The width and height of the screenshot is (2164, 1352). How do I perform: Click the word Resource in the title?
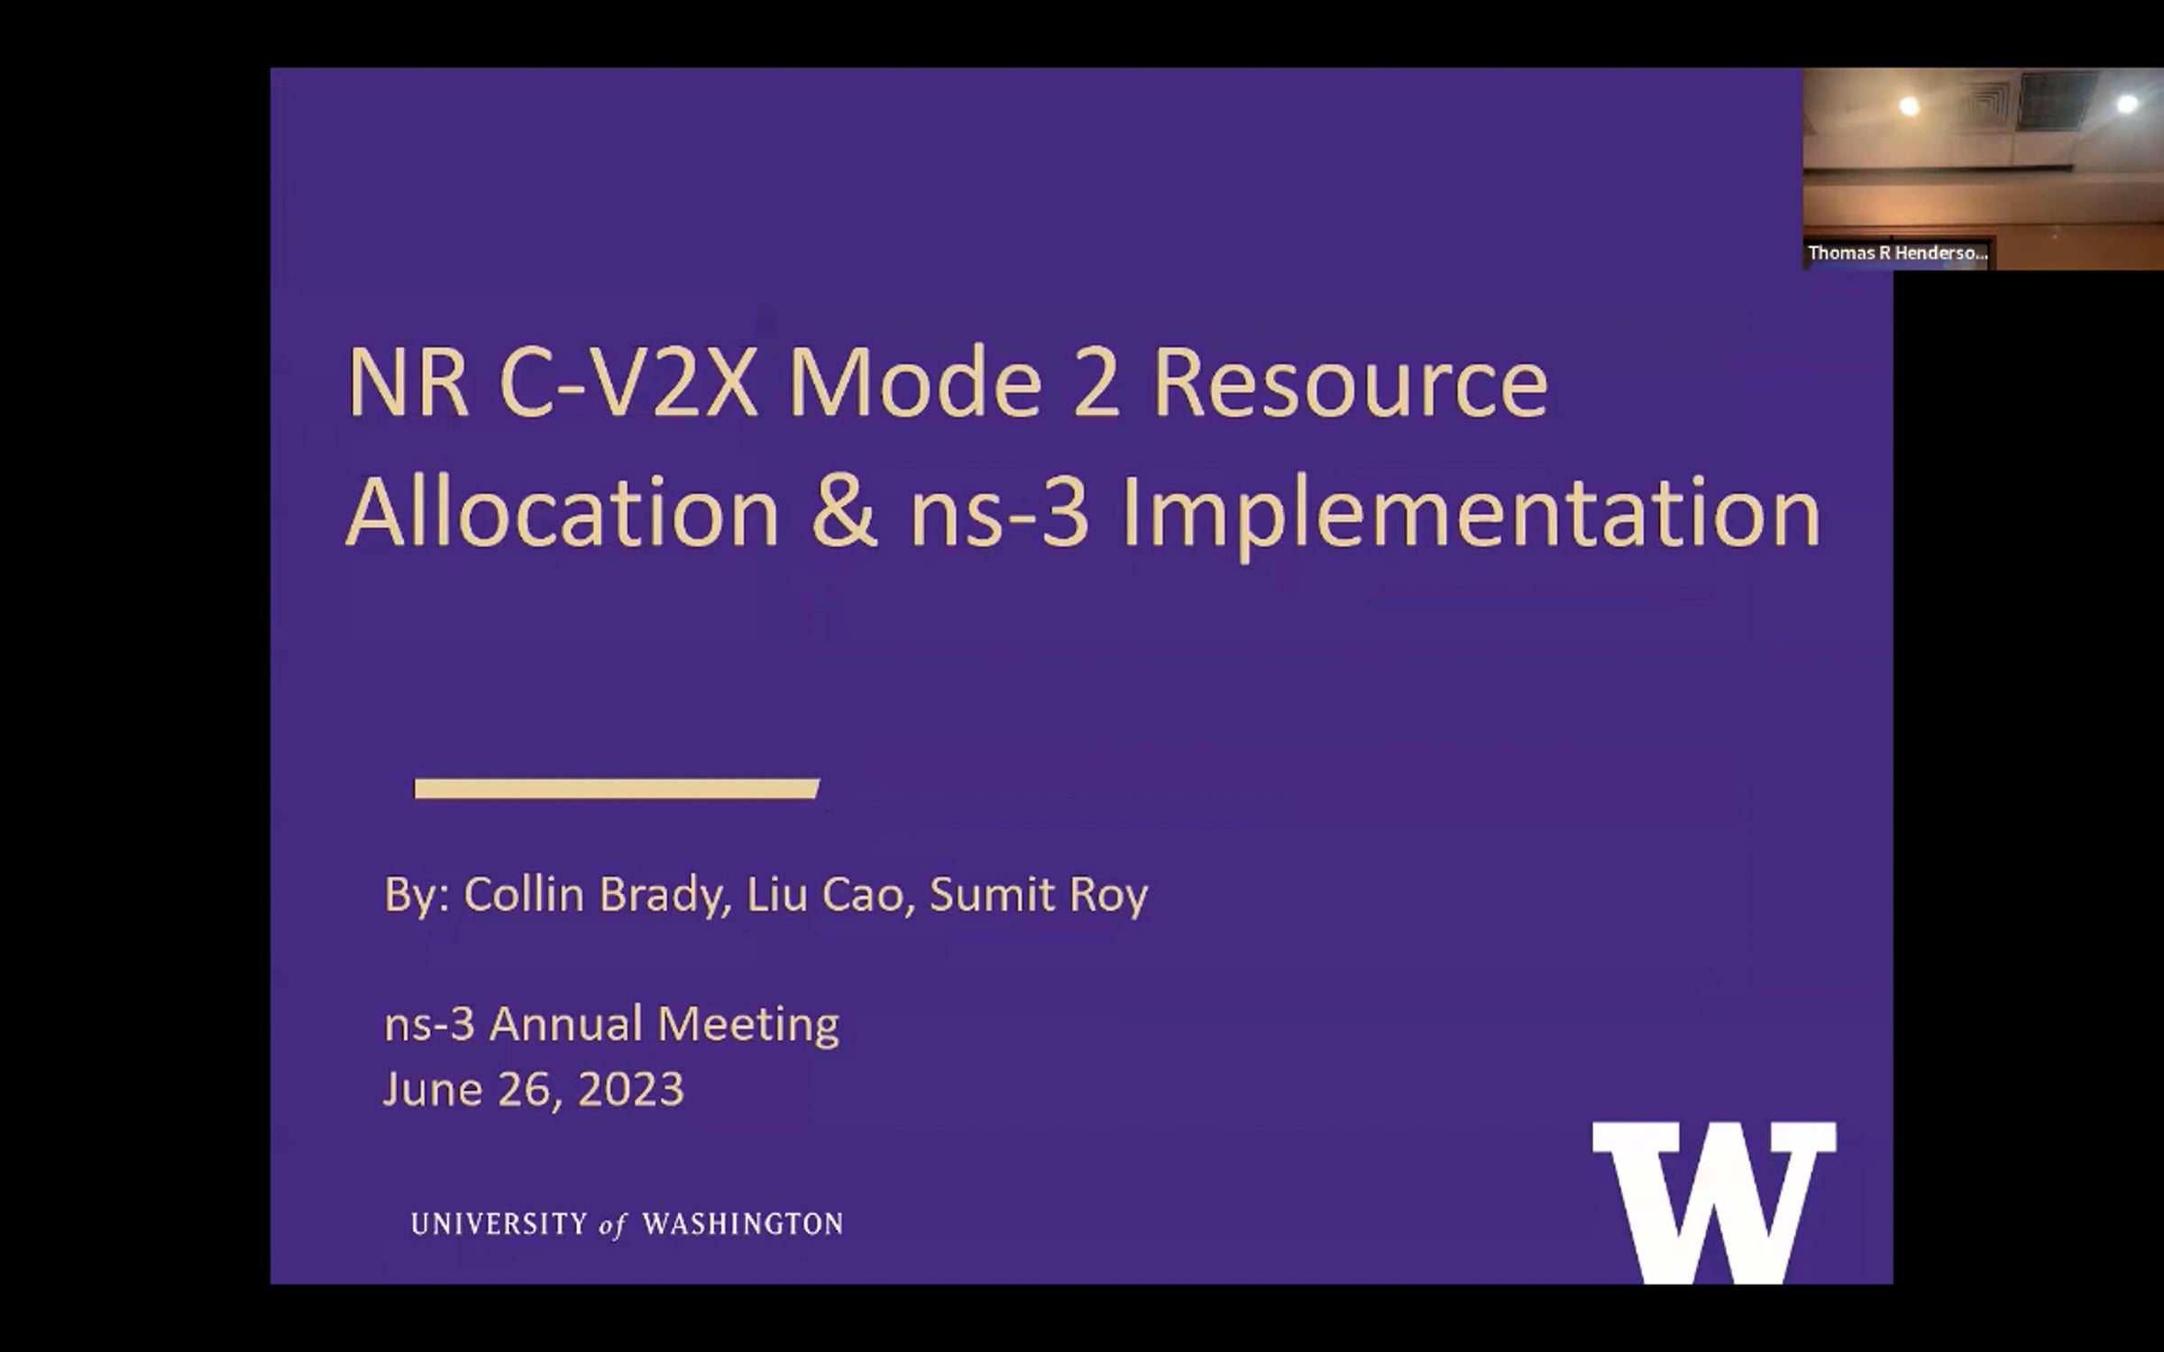(1350, 382)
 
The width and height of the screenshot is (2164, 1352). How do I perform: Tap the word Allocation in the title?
(563, 512)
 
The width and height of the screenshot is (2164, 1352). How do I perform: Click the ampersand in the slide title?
(844, 512)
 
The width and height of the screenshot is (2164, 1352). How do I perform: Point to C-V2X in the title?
(628, 382)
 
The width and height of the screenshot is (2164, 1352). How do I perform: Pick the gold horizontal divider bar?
(617, 789)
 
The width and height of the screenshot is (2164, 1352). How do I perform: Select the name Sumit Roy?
(1039, 895)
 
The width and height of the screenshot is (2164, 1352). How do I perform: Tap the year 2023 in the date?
(630, 1090)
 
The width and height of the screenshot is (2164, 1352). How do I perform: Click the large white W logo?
(1714, 1202)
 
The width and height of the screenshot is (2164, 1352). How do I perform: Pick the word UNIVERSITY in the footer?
(499, 1224)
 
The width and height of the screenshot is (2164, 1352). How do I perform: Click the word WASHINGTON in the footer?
(743, 1224)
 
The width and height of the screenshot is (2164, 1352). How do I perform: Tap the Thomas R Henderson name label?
(1898, 253)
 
